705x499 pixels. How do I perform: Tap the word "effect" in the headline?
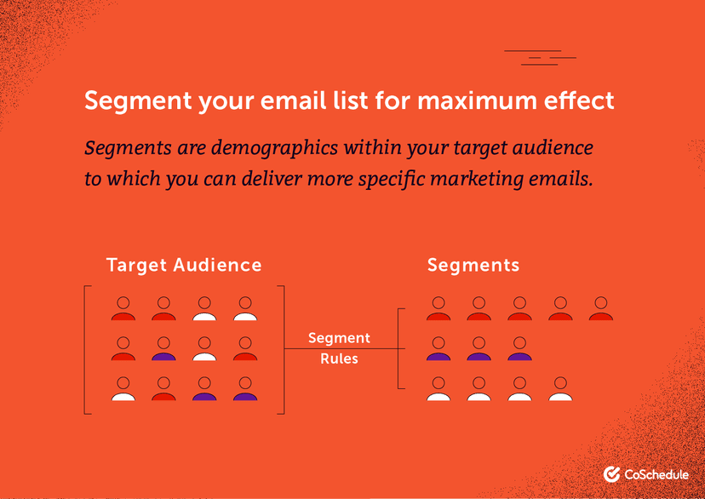tap(578, 100)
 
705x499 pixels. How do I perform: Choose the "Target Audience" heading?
tap(184, 265)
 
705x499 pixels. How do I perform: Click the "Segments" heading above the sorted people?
tap(473, 265)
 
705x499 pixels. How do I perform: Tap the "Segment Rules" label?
tap(339, 348)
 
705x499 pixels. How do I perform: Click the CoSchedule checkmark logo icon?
tap(611, 474)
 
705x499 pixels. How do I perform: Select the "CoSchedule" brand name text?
tap(656, 474)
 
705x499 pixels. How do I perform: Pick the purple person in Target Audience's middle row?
tap(163, 350)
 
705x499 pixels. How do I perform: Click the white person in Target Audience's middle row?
tap(204, 350)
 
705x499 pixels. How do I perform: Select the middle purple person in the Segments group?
tap(479, 350)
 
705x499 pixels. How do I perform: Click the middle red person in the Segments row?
tap(519, 309)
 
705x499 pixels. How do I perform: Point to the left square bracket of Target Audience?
tap(87, 350)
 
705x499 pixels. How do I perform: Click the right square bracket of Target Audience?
tap(282, 350)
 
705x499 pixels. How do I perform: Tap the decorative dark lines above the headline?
tap(540, 58)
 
